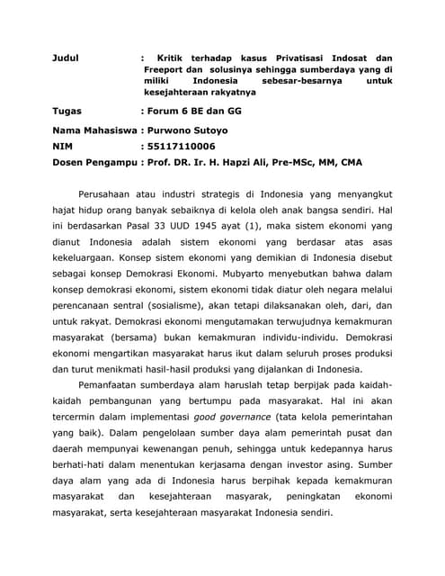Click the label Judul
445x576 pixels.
pyautogui.click(x=67, y=58)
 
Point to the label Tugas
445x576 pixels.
pyautogui.click(x=68, y=111)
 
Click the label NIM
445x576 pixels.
pyautogui.click(x=62, y=145)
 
